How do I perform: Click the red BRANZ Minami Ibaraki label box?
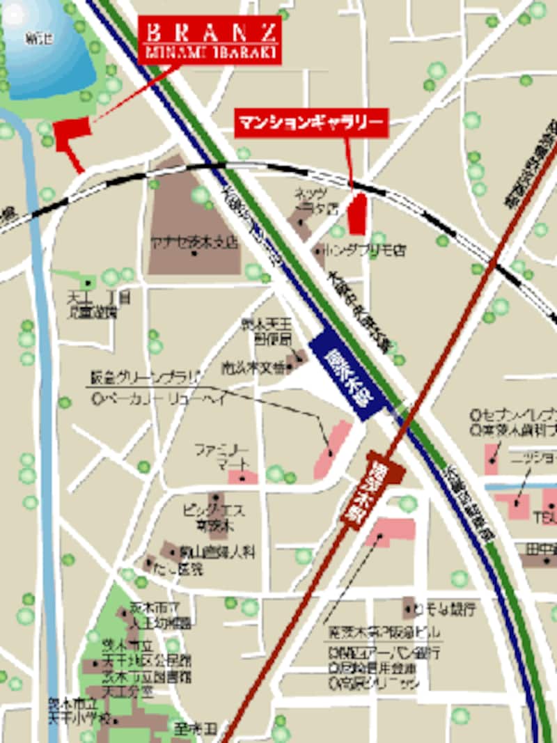pos(210,41)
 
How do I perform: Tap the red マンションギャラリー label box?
pos(311,123)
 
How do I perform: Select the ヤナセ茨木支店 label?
pos(194,244)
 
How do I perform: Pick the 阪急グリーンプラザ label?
pos(146,377)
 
